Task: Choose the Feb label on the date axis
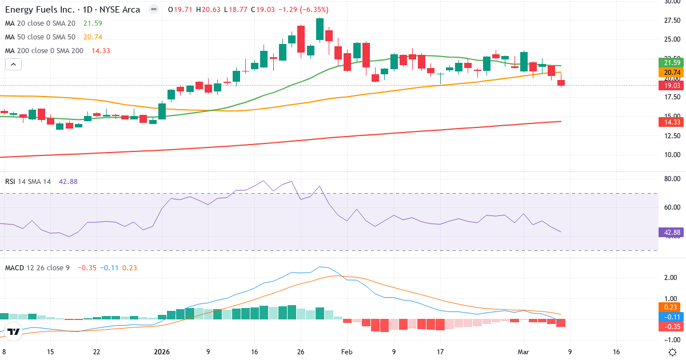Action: (x=346, y=352)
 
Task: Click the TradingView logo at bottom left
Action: (x=14, y=331)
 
